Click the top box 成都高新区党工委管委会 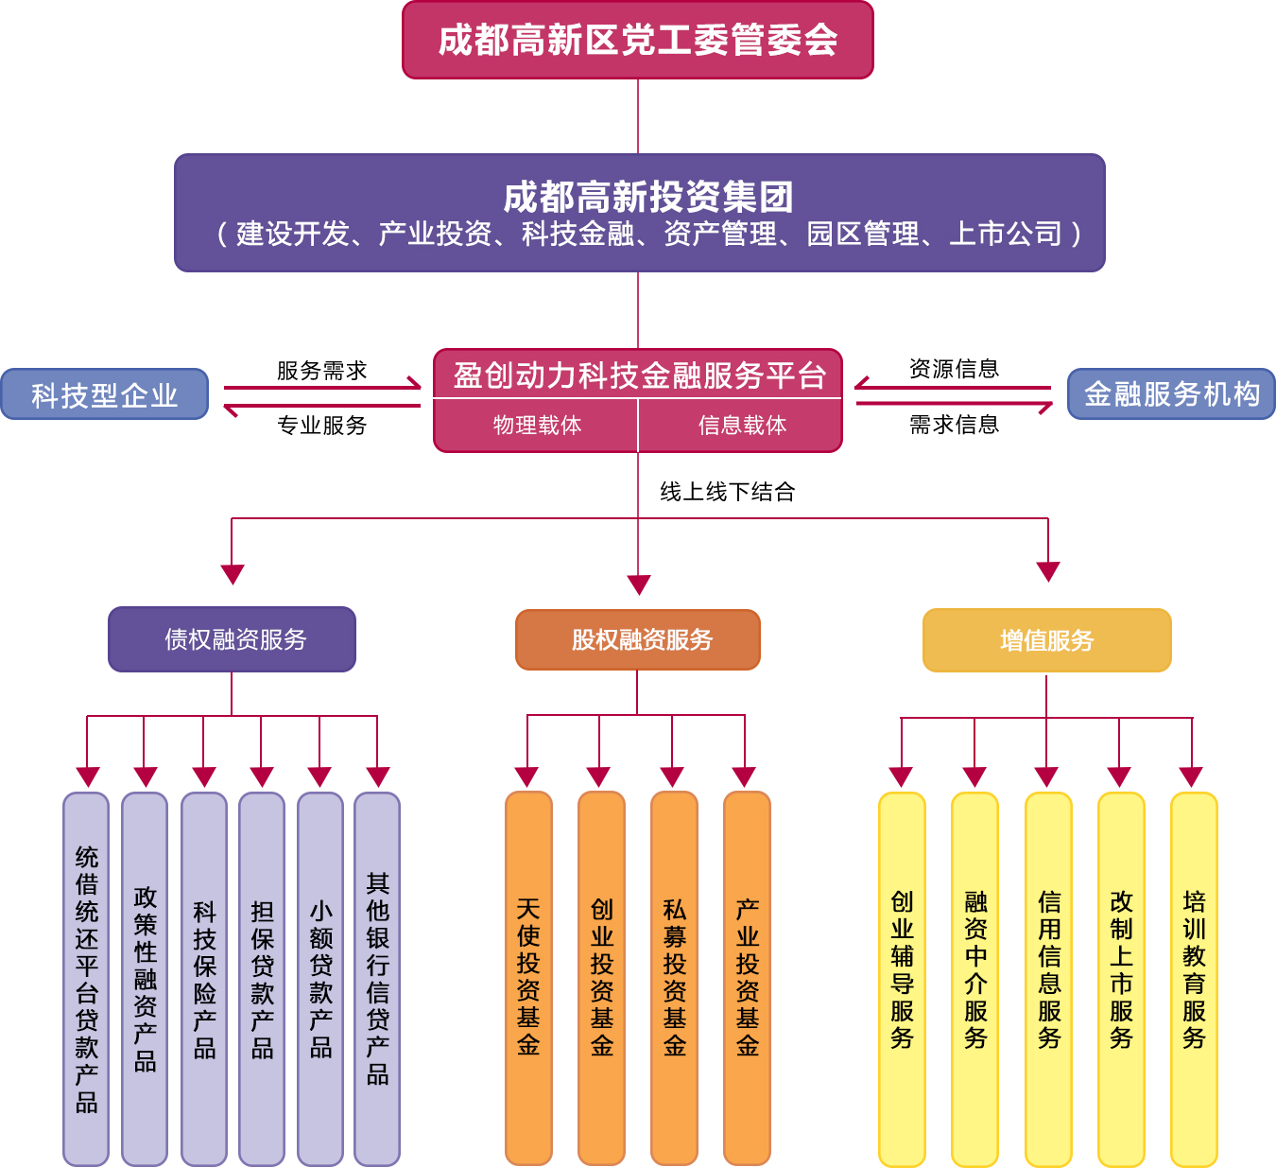pyautogui.click(x=637, y=40)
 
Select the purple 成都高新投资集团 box pyautogui.click(x=639, y=213)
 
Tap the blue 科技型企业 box pyautogui.click(x=104, y=394)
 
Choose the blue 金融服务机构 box pyautogui.click(x=1171, y=394)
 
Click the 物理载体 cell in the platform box pyautogui.click(x=536, y=426)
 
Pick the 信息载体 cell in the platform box pyautogui.click(x=740, y=426)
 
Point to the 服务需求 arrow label pyautogui.click(x=322, y=371)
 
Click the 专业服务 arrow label pyautogui.click(x=322, y=426)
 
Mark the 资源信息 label pyautogui.click(x=954, y=369)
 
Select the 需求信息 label pyautogui.click(x=954, y=425)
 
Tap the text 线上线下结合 pyautogui.click(x=727, y=492)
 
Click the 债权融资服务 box pyautogui.click(x=233, y=639)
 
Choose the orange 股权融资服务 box pyautogui.click(x=637, y=639)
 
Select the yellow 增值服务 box pyautogui.click(x=1047, y=639)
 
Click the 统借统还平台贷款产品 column pyautogui.click(x=87, y=979)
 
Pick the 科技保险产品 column pyautogui.click(x=204, y=979)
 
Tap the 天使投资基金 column pyautogui.click(x=528, y=978)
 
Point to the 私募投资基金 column pyautogui.click(x=674, y=978)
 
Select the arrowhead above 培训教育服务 pyautogui.click(x=1191, y=777)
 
